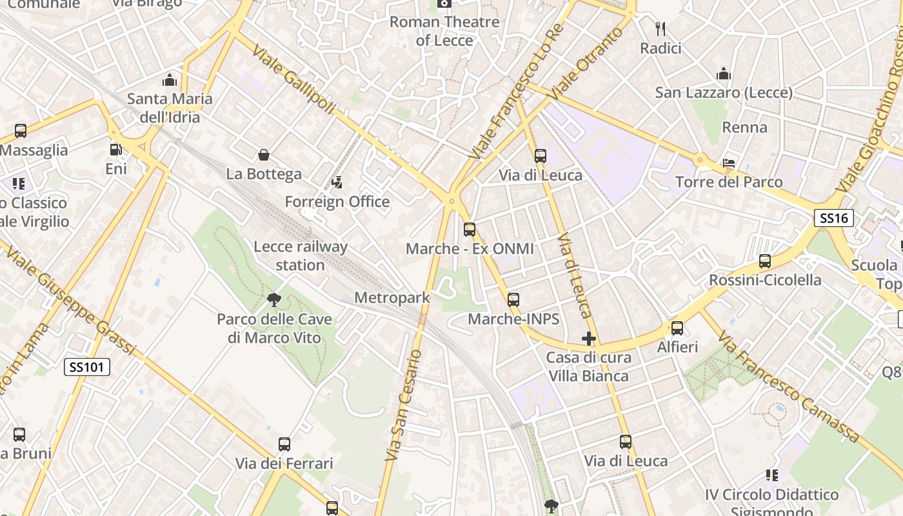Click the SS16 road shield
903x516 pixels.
833,218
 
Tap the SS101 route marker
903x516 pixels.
88,368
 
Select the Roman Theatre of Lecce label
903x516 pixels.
444,31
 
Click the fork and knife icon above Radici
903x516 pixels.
660,29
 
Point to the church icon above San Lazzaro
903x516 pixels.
724,74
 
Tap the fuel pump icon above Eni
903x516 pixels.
116,150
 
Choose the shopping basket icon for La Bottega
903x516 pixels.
263,155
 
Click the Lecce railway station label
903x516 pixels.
301,255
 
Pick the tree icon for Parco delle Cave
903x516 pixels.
274,299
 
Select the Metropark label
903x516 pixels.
392,298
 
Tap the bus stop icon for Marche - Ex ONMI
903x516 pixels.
470,230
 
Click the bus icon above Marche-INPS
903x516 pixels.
513,300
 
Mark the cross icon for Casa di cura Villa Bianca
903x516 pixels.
588,338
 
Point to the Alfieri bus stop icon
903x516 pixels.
677,328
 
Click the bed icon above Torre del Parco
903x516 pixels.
729,163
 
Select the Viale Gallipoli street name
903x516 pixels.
293,79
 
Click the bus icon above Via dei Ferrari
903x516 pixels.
284,444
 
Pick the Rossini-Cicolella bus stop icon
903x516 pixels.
765,261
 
